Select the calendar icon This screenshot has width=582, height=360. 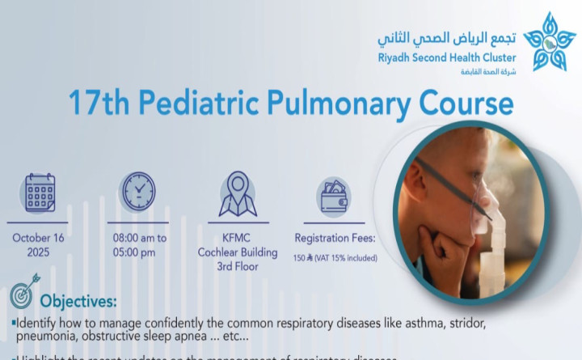point(40,193)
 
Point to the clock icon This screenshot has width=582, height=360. point(138,192)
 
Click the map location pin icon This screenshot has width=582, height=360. point(237,193)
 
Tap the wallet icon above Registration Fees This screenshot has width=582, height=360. point(334,195)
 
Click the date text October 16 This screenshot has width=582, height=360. point(40,238)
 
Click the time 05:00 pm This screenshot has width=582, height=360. point(138,252)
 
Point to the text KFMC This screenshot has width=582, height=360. point(238,238)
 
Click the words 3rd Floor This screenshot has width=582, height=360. point(238,265)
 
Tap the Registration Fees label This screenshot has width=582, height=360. point(335,238)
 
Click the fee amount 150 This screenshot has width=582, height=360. point(298,258)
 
